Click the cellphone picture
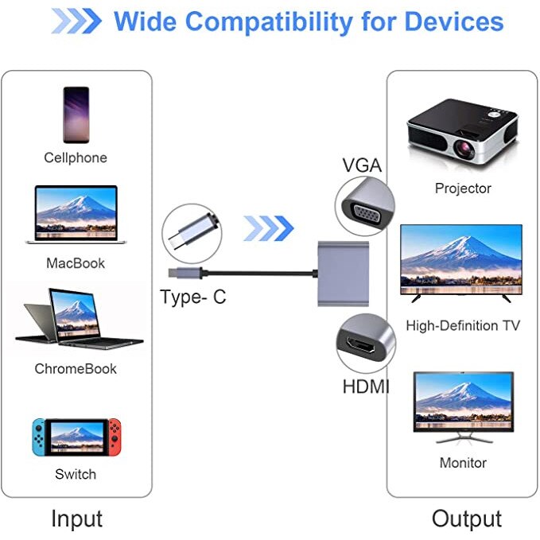(75, 115)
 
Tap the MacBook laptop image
(76, 214)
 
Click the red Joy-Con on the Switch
(116, 437)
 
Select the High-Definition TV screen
(460, 254)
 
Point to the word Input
(76, 519)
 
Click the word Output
(467, 519)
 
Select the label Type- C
(193, 297)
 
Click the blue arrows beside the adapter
(268, 228)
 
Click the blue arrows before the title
(76, 21)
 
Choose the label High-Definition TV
(463, 325)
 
